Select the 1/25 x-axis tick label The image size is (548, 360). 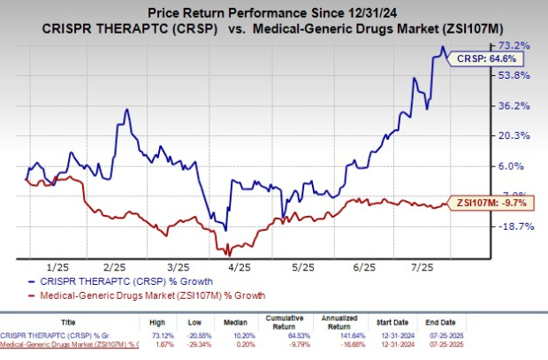[57, 266]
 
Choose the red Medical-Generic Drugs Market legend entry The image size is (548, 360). [146, 295]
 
